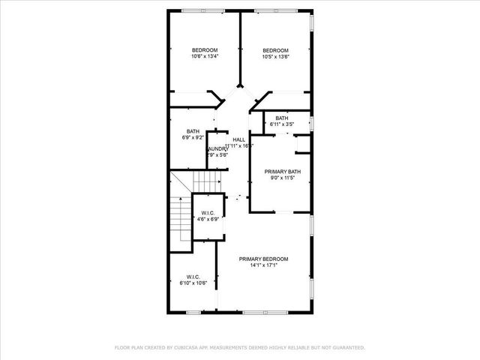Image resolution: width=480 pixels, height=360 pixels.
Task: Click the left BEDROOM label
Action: tap(205, 50)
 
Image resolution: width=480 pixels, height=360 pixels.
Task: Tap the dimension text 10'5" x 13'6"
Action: tap(275, 56)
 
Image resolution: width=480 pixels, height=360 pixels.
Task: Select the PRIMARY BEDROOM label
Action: tap(263, 259)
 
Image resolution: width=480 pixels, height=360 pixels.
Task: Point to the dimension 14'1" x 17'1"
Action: tap(263, 265)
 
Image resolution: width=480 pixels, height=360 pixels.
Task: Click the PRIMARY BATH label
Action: tap(283, 172)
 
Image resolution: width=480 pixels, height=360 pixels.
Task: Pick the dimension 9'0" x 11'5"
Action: tap(283, 178)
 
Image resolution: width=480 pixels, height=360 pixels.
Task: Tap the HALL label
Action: tap(238, 139)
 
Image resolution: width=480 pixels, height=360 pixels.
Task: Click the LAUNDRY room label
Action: tap(217, 148)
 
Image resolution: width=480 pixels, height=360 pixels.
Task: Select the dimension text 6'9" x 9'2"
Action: tap(193, 138)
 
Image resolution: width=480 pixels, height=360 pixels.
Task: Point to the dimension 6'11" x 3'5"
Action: tap(281, 124)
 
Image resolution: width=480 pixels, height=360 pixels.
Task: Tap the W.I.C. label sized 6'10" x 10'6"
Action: tap(193, 277)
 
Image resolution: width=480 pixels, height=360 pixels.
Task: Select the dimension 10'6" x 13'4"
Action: tap(205, 56)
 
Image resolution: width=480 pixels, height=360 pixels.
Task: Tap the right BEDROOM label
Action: tap(275, 50)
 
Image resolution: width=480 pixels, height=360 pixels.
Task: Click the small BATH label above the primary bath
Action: tap(281, 118)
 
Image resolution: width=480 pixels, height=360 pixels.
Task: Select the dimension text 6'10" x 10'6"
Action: tap(193, 283)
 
